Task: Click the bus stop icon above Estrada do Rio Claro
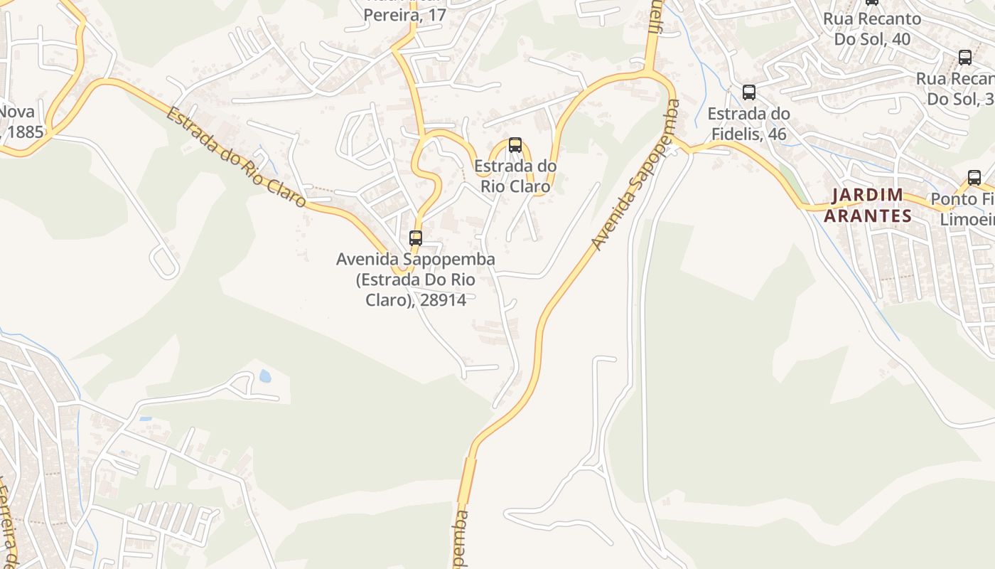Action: click(x=515, y=145)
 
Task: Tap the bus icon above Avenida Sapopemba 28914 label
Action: click(x=416, y=238)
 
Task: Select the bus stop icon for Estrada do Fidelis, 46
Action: click(x=749, y=92)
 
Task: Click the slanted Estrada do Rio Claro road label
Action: click(x=237, y=157)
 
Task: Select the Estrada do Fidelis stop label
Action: click(x=748, y=123)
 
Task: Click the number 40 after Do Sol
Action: click(x=900, y=39)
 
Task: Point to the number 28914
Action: click(x=443, y=300)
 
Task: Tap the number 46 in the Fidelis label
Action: click(x=777, y=134)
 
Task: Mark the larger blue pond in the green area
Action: click(x=265, y=376)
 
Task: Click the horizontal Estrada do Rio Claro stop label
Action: click(x=515, y=176)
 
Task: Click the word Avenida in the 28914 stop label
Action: click(x=367, y=260)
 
